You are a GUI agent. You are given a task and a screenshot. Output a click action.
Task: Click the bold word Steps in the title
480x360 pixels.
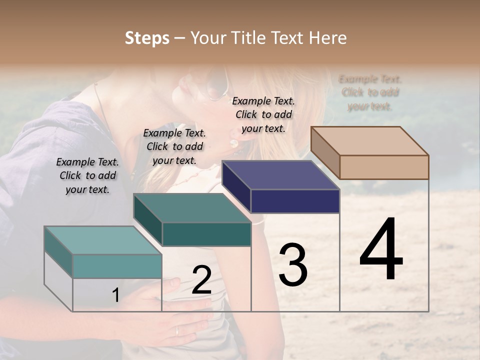pos(147,38)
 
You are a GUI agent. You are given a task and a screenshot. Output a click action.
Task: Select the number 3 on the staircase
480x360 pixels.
pos(292,265)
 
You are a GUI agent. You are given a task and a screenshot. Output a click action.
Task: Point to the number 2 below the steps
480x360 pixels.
pos(201,280)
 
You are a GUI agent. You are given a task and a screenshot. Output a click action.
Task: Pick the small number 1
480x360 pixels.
pos(115,295)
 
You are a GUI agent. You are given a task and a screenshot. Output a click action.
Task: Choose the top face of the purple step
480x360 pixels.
pos(281,175)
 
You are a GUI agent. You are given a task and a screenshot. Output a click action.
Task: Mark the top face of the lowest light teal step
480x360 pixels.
pos(103,240)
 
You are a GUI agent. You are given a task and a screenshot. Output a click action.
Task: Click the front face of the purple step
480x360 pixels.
pos(295,201)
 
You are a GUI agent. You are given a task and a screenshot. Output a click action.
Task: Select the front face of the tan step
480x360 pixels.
pos(384,167)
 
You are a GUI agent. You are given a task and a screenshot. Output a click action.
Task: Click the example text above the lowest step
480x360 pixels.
pos(87,175)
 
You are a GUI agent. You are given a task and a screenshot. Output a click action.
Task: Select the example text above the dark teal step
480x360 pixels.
pos(174,146)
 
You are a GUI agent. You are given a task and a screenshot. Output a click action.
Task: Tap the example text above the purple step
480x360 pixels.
pos(263,114)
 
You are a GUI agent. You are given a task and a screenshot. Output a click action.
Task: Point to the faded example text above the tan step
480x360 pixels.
pos(370,92)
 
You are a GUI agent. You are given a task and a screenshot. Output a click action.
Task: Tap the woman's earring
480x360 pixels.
pos(234,143)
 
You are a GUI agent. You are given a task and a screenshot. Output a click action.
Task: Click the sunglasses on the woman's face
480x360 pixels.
pos(216,90)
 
